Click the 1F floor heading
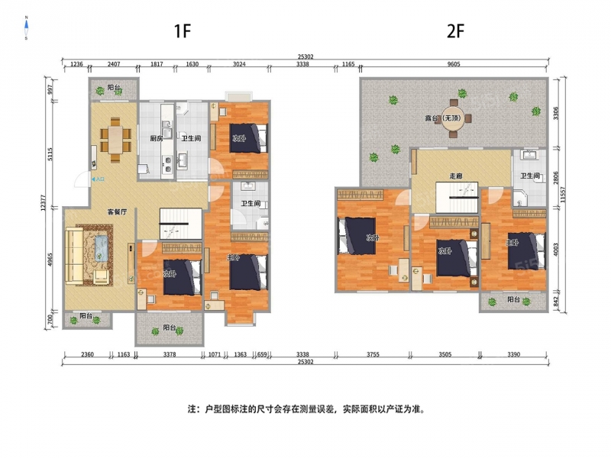(x=183, y=31)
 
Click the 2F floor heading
(x=455, y=31)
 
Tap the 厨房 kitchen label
(x=157, y=138)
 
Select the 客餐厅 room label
(x=118, y=212)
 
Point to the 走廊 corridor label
(x=456, y=176)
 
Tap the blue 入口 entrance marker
(x=99, y=179)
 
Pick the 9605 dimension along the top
(x=454, y=64)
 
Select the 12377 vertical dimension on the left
(x=44, y=203)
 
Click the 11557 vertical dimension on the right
(x=562, y=195)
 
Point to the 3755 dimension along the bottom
(x=373, y=354)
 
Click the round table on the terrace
(x=452, y=118)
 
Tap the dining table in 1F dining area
(x=115, y=140)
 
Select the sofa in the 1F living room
(x=74, y=256)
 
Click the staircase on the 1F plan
(x=181, y=224)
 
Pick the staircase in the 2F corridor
(x=457, y=198)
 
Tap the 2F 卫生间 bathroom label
(x=530, y=176)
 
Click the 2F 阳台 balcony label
(x=513, y=299)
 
